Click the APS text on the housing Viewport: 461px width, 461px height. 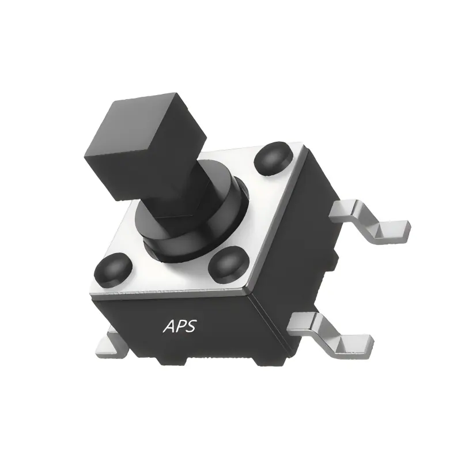coord(180,326)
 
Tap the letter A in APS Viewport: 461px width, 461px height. coord(169,326)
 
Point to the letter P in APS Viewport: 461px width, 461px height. coord(180,326)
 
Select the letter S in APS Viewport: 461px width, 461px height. coord(191,326)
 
